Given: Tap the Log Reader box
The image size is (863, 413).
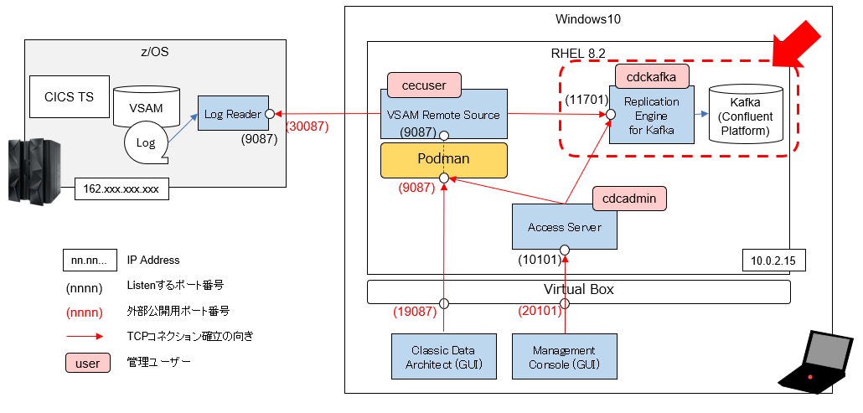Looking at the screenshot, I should pos(233,113).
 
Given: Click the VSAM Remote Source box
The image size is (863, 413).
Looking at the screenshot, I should pos(444,114).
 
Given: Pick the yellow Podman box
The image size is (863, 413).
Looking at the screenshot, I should pos(444,159).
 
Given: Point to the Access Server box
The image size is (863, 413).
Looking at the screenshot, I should pos(564,226).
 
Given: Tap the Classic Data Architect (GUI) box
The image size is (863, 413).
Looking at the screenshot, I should pos(442,357).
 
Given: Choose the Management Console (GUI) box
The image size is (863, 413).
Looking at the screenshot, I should pos(564,357).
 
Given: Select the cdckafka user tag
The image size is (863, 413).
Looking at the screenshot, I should pos(652,75).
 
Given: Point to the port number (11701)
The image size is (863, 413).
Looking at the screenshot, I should pos(585,101).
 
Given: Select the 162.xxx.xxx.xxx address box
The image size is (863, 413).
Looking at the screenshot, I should pos(121,189).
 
